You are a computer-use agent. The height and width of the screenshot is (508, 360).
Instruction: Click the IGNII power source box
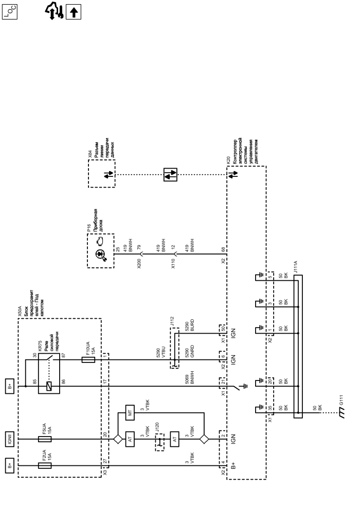tap(10, 439)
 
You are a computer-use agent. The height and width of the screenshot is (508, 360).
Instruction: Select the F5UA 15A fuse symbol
tap(45, 439)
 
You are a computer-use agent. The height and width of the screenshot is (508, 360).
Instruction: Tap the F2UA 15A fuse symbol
tap(45, 465)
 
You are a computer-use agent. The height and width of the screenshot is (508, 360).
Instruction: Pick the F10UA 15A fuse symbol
tap(88, 359)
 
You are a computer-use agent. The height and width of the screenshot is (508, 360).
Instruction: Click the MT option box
tap(130, 412)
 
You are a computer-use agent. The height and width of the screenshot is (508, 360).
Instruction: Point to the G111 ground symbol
tap(341, 413)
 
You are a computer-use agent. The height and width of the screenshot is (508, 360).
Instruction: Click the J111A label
tap(295, 267)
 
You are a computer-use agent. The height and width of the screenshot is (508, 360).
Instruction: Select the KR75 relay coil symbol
tap(49, 386)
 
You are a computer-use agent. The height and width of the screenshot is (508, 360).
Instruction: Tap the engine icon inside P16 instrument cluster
tap(100, 241)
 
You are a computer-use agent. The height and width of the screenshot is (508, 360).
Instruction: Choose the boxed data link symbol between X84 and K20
tap(170, 175)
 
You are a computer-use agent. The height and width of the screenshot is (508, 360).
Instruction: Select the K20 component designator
tap(228, 160)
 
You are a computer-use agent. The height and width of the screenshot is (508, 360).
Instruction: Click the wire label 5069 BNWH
tap(190, 378)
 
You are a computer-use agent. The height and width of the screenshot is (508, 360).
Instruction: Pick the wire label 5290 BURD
tap(190, 325)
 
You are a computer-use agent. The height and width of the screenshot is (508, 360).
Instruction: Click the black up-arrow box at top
tap(74, 12)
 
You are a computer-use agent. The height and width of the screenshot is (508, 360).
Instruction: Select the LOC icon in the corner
tap(10, 12)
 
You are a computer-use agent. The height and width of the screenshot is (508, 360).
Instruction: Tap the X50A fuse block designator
tap(20, 311)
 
